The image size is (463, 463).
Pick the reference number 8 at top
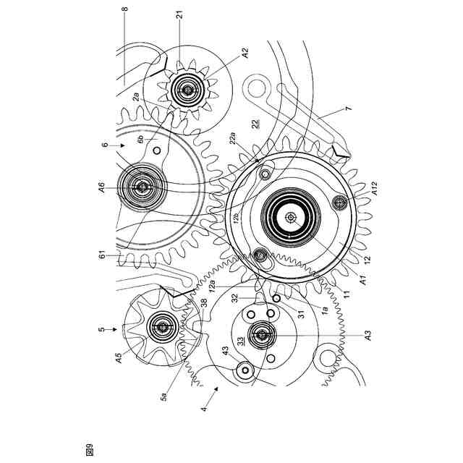click(x=124, y=11)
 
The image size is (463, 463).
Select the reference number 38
click(x=204, y=305)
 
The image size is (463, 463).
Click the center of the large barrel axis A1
click(x=291, y=216)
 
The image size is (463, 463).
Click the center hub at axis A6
click(x=142, y=186)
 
